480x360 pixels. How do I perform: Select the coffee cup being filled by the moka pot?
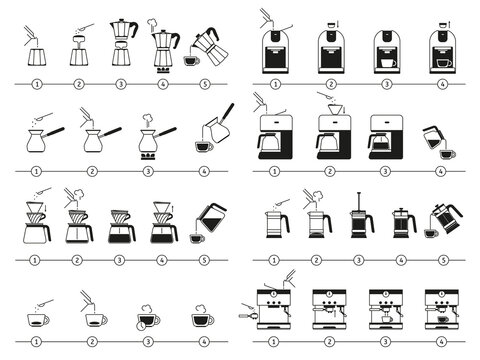(x=190, y=61)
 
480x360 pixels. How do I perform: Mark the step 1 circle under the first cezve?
(x=37, y=171)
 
